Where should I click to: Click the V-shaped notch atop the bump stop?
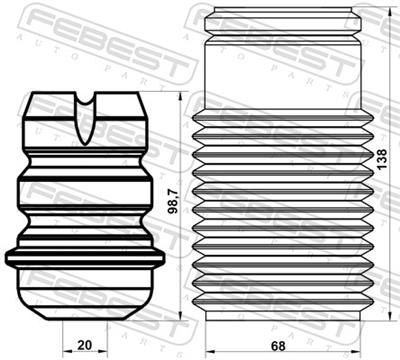click(x=86, y=102)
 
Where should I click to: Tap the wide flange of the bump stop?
click(x=85, y=257)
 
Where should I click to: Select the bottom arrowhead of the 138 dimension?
click(x=370, y=322)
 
